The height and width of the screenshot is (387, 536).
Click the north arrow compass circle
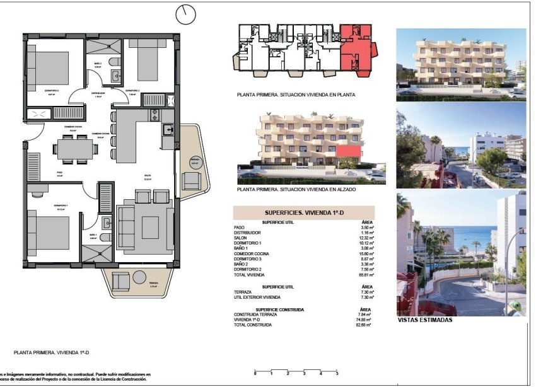186,13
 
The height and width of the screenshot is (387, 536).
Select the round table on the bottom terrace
137,277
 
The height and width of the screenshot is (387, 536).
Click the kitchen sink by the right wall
168,130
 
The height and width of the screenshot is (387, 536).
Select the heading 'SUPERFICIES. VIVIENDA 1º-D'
303,213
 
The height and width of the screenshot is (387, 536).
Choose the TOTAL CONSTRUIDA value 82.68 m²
364,325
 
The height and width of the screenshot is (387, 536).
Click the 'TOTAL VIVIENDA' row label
250,275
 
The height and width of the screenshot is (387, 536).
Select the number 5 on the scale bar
320,374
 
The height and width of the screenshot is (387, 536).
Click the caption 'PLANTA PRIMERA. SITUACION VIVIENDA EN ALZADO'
295,189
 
